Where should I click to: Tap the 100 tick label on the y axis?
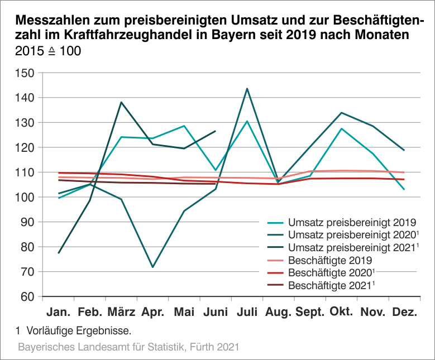pyautogui.click(x=26, y=197)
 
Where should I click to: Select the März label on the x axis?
pyautogui.click(x=120, y=312)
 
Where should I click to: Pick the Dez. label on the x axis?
pyautogui.click(x=404, y=312)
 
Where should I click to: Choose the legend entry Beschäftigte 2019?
pyautogui.click(x=330, y=260)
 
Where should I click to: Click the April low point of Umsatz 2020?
pyautogui.click(x=152, y=267)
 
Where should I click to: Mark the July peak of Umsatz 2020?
pyautogui.click(x=247, y=88)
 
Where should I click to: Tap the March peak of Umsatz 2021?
pyautogui.click(x=121, y=102)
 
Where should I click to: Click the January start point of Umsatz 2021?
pyautogui.click(x=58, y=253)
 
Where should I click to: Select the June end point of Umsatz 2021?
pyautogui.click(x=216, y=131)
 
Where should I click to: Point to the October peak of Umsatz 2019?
pyautogui.click(x=341, y=128)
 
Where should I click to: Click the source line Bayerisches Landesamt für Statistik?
pyautogui.click(x=129, y=347)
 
